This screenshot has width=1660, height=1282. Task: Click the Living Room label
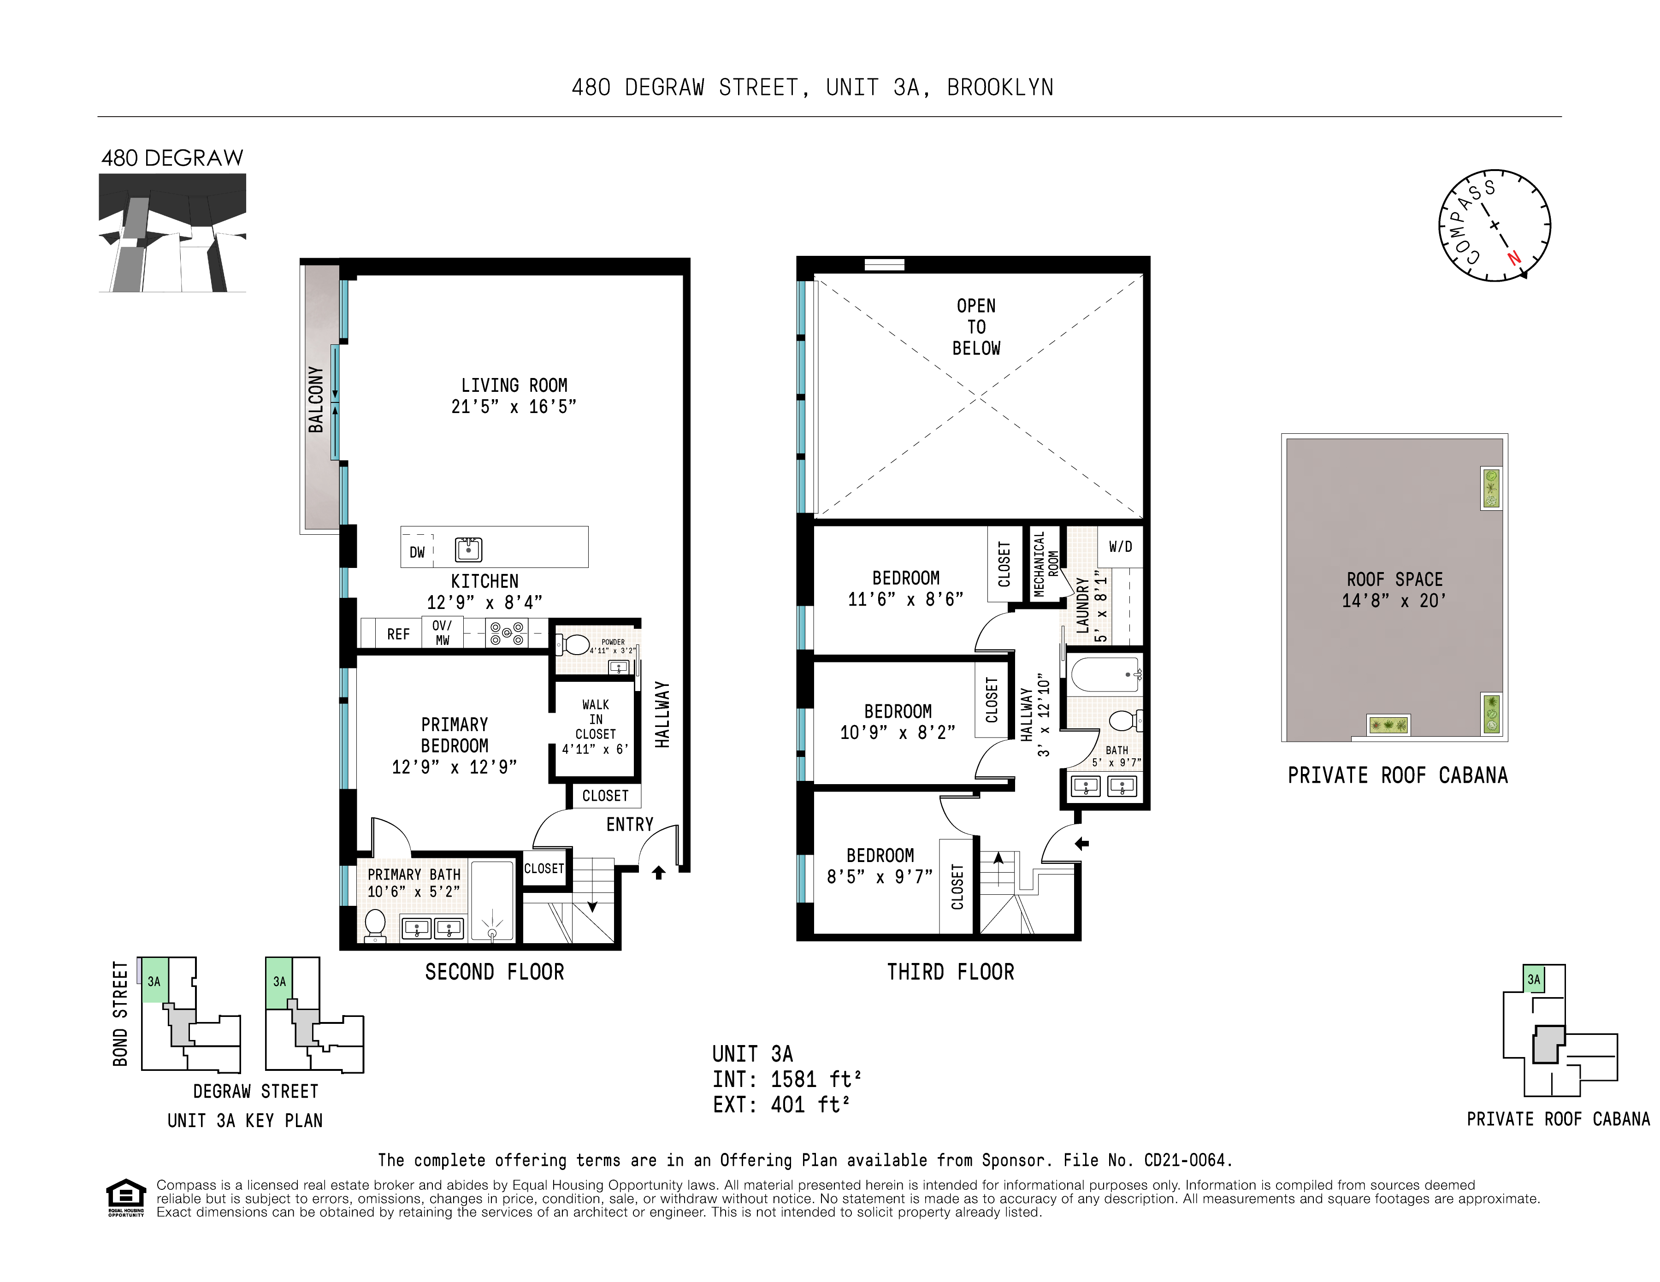[x=514, y=386]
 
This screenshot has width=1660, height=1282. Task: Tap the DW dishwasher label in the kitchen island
[x=417, y=552]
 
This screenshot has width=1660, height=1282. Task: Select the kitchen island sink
[x=468, y=549]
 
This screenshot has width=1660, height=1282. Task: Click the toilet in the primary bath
[x=375, y=924]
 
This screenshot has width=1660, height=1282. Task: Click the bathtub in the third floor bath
[x=1105, y=674]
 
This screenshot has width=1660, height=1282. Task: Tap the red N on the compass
[x=1514, y=258]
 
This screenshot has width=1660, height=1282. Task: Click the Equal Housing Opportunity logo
[x=125, y=1197]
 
